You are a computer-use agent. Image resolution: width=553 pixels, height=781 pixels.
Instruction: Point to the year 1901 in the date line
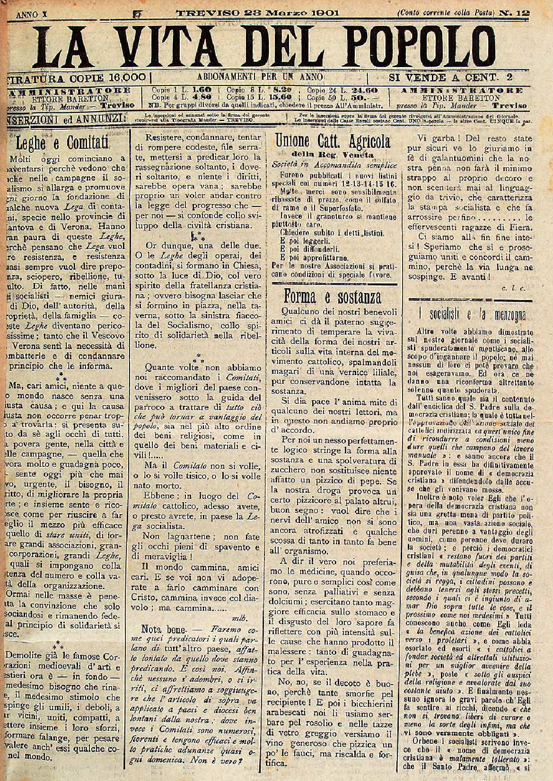click(322, 13)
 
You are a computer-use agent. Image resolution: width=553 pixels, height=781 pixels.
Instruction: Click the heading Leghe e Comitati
click(62, 142)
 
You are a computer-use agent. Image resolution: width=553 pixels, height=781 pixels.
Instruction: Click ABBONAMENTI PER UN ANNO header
click(260, 76)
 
